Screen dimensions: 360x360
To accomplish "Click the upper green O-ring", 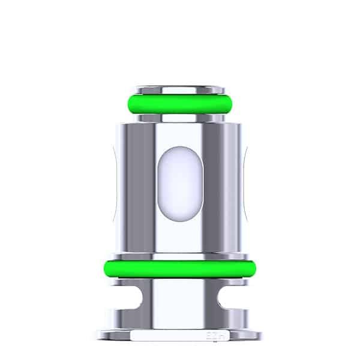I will coord(179,103).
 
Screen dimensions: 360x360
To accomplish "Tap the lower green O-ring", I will coord(179,268).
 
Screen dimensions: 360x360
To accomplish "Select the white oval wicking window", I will coord(179,180).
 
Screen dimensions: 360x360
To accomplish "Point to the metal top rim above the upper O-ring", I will coord(179,89).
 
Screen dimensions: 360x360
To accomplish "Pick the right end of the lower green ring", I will coord(254,268).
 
